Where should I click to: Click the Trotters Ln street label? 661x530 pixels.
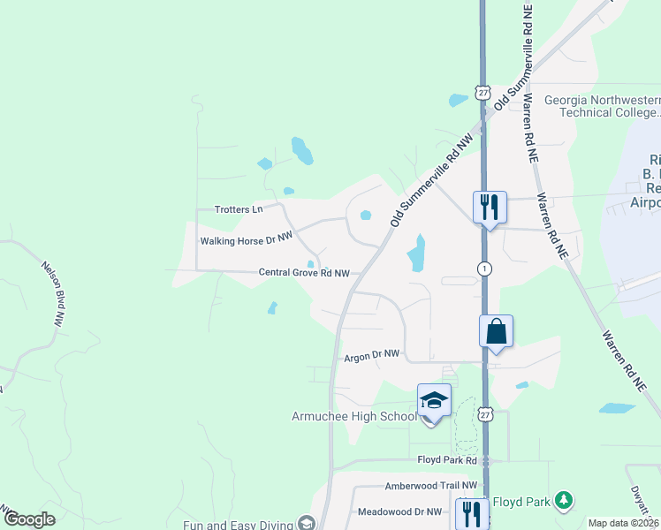coord(239,209)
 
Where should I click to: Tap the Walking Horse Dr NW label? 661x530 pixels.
coord(246,239)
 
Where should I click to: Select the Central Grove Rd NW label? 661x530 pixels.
coord(304,273)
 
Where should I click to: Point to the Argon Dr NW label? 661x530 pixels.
coord(371,354)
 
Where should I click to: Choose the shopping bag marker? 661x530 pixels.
coord(497,332)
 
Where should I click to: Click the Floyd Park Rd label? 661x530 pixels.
coord(447,460)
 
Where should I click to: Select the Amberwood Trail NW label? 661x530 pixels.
coord(430,486)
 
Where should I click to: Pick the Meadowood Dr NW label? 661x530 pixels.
coord(399,511)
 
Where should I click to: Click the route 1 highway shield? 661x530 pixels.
coord(484,268)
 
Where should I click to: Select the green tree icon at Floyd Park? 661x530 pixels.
coord(563,501)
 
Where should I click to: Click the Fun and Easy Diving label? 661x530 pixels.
coord(238,525)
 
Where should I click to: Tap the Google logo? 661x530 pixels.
coord(29,519)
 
